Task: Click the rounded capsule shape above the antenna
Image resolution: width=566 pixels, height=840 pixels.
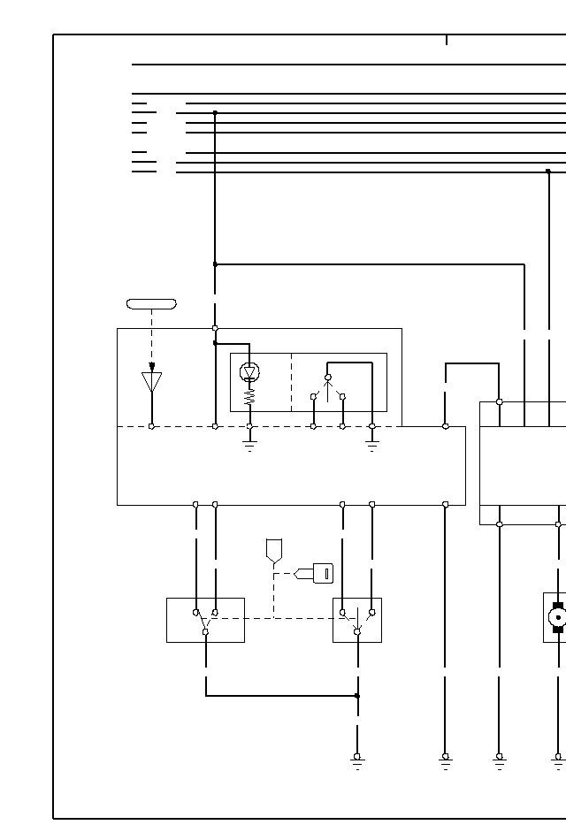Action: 151,304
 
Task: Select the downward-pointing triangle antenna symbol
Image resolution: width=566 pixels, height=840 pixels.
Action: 152,381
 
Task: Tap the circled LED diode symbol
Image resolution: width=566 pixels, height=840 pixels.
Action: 249,372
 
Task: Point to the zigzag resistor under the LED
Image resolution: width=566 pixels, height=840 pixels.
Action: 249,399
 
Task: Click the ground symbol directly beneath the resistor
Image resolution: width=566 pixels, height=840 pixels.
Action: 249,445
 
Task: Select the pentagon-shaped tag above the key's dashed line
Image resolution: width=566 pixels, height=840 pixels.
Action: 274,550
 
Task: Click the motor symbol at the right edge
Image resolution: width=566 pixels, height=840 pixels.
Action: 558,617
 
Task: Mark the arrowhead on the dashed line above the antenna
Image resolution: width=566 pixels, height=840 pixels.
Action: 152,366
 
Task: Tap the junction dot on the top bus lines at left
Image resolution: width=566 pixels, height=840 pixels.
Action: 215,113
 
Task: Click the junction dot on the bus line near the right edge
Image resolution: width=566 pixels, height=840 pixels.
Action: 548,172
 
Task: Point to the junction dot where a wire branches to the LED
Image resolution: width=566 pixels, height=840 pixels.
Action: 215,343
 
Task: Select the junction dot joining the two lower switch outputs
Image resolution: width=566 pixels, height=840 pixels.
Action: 357,696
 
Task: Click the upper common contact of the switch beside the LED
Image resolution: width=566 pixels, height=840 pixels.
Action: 328,378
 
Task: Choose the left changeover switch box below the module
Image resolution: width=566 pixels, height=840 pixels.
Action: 205,620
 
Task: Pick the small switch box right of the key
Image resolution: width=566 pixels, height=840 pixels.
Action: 357,620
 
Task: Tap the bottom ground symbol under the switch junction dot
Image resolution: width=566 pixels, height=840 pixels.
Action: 357,760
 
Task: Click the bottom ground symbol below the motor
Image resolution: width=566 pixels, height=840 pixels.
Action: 558,760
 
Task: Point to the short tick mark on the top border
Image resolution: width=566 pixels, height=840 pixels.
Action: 447,40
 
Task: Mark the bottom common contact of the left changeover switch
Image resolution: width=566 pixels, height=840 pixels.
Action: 205,631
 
